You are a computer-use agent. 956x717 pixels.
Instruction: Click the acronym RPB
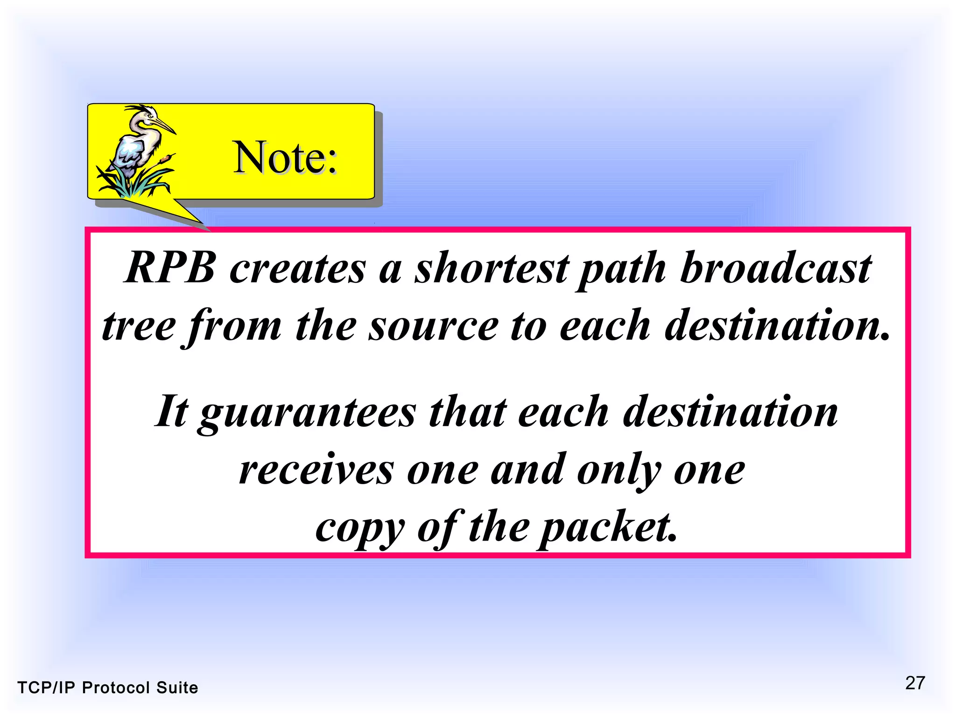(170, 267)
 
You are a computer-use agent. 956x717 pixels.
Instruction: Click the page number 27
(915, 683)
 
